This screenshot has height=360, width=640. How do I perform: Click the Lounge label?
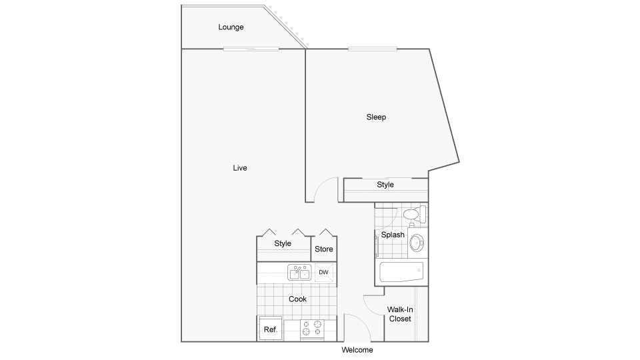[231, 27]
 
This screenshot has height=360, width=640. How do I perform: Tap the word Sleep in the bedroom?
[376, 117]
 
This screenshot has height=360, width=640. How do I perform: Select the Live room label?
[239, 168]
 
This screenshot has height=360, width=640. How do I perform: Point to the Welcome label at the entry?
[357, 350]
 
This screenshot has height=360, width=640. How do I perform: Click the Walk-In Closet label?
[400, 314]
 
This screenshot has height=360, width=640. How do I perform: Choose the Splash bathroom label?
[393, 235]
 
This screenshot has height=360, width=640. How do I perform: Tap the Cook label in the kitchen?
[297, 299]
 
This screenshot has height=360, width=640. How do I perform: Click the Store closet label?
[324, 249]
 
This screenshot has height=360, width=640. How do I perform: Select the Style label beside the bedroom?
[385, 185]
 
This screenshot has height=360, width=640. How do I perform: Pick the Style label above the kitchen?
[283, 243]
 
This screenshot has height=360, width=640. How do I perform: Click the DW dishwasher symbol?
[324, 272]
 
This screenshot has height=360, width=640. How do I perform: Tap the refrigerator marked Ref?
[270, 329]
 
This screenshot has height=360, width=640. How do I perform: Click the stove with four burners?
[312, 329]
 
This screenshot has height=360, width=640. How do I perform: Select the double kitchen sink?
[299, 272]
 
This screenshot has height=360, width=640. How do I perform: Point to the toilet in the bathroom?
[415, 214]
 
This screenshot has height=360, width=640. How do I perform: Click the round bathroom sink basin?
[417, 243]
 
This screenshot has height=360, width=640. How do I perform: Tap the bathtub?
[401, 272]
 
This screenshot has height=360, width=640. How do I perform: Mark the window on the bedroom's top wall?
[372, 49]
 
